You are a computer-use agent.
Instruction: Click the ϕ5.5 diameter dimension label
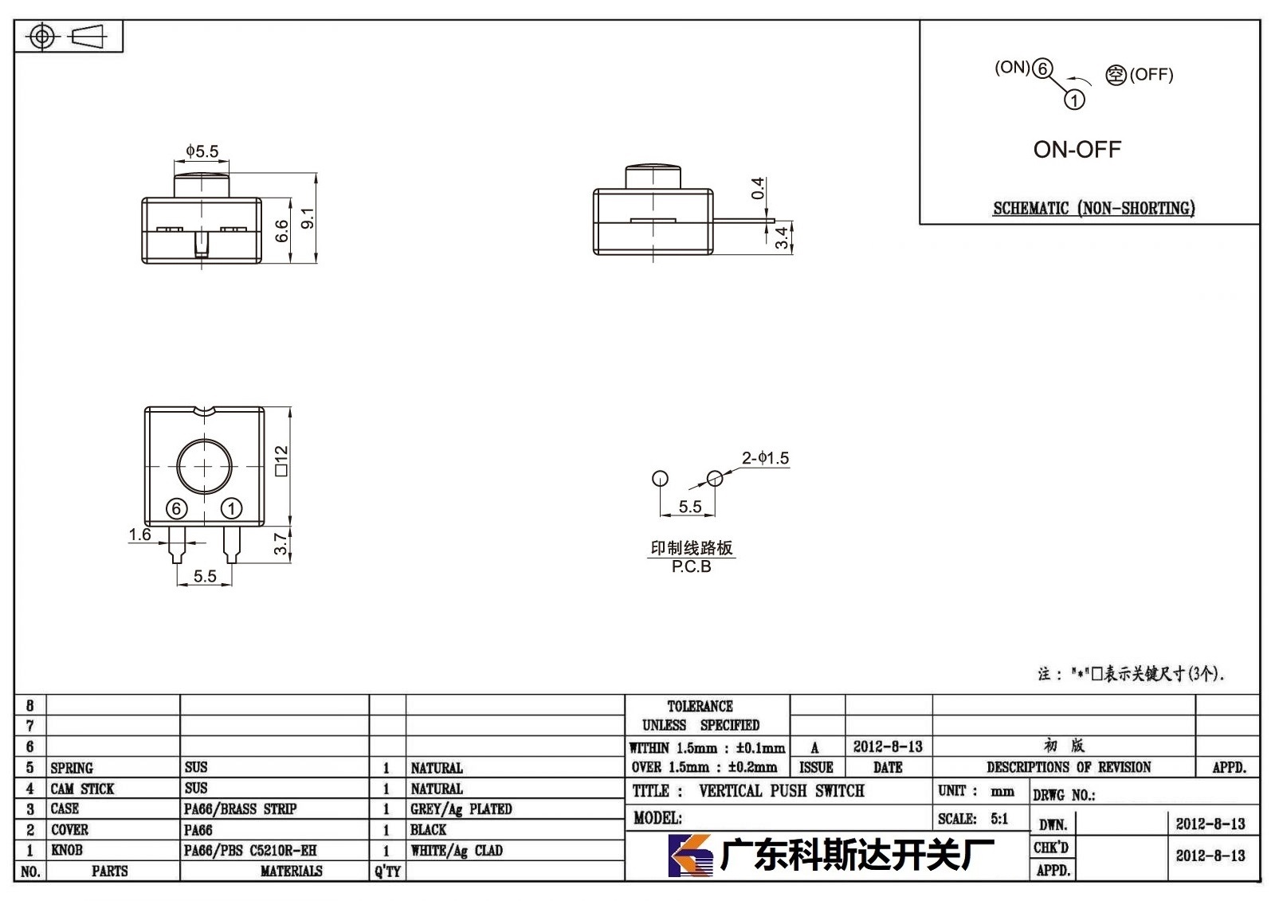tap(202, 151)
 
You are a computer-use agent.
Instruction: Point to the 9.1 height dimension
tap(308, 218)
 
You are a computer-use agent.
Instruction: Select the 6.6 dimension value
tap(282, 231)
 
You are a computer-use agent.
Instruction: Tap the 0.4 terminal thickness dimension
tap(758, 188)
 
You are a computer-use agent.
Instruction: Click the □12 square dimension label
tap(281, 460)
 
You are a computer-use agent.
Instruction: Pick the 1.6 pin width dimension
tap(140, 535)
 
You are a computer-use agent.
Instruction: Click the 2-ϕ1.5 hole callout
tap(765, 458)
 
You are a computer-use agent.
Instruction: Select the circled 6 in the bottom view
tap(176, 509)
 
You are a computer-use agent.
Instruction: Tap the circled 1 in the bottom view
tap(231, 508)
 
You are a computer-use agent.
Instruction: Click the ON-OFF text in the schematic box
tap(1077, 150)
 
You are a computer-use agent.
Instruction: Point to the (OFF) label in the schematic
tap(1151, 75)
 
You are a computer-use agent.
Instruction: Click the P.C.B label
tap(692, 566)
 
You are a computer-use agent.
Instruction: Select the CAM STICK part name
tap(83, 789)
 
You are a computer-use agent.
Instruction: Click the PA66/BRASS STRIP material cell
tap(240, 809)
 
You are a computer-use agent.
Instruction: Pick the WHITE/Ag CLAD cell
tap(457, 851)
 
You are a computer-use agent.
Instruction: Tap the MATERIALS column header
tap(292, 872)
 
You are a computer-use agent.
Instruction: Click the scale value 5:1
tap(999, 819)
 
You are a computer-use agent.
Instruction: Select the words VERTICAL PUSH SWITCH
tap(782, 791)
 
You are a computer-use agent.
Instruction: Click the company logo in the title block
tap(690, 856)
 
